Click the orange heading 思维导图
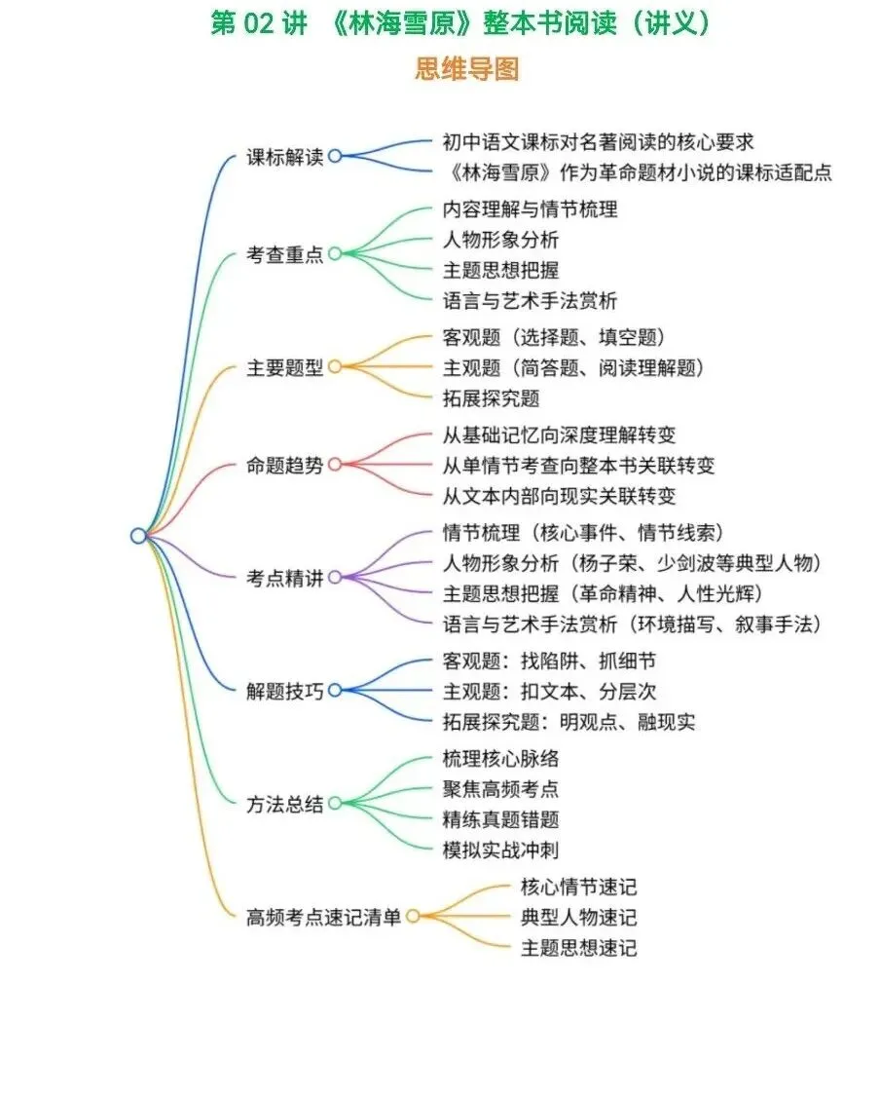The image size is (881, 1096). [x=467, y=69]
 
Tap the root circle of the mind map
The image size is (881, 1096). [x=138, y=535]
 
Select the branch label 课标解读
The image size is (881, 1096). [x=284, y=158]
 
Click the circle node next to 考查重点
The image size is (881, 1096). [x=335, y=254]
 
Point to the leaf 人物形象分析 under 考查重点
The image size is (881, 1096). [x=500, y=240]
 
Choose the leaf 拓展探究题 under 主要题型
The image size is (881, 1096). [x=491, y=398]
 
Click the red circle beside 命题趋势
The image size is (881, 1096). [x=335, y=465]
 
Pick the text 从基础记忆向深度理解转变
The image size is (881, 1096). [x=559, y=435]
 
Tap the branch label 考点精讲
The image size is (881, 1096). [x=284, y=578]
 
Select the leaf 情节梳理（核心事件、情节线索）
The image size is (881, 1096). [x=582, y=532]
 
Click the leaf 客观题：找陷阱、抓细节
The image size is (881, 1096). [x=549, y=661]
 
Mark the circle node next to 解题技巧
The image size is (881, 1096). [x=335, y=691]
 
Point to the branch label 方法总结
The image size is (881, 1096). [x=284, y=805]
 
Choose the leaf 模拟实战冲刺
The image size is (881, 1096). [x=500, y=850]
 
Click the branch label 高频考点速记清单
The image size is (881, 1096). [x=323, y=917]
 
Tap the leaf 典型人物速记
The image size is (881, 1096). [x=578, y=917]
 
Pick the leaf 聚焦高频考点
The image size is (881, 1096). [x=500, y=789]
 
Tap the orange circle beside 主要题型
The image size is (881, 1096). [x=335, y=367]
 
